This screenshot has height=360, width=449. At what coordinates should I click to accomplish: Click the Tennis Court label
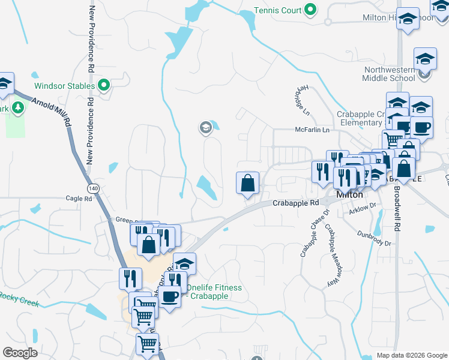(278, 10)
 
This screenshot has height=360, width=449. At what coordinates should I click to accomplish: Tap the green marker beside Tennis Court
(310, 10)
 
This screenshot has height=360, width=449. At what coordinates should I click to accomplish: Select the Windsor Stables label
(64, 86)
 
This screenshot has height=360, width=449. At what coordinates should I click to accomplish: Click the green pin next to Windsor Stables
(104, 86)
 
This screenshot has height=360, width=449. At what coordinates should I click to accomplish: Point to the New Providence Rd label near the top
(92, 36)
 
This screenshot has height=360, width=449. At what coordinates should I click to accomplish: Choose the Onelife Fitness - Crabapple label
(214, 292)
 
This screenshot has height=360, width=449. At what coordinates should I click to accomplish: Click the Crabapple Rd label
(295, 203)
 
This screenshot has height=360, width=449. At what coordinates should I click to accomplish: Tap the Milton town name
(349, 194)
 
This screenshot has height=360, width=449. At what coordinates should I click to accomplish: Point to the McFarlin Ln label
(312, 130)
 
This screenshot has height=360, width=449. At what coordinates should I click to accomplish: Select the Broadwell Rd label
(396, 207)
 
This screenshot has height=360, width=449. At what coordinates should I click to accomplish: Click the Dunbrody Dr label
(374, 239)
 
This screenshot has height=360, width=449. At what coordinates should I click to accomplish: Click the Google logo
(20, 353)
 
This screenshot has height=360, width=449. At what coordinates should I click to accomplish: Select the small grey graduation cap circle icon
(205, 127)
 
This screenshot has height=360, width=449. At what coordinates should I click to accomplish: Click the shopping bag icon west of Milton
(248, 183)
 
